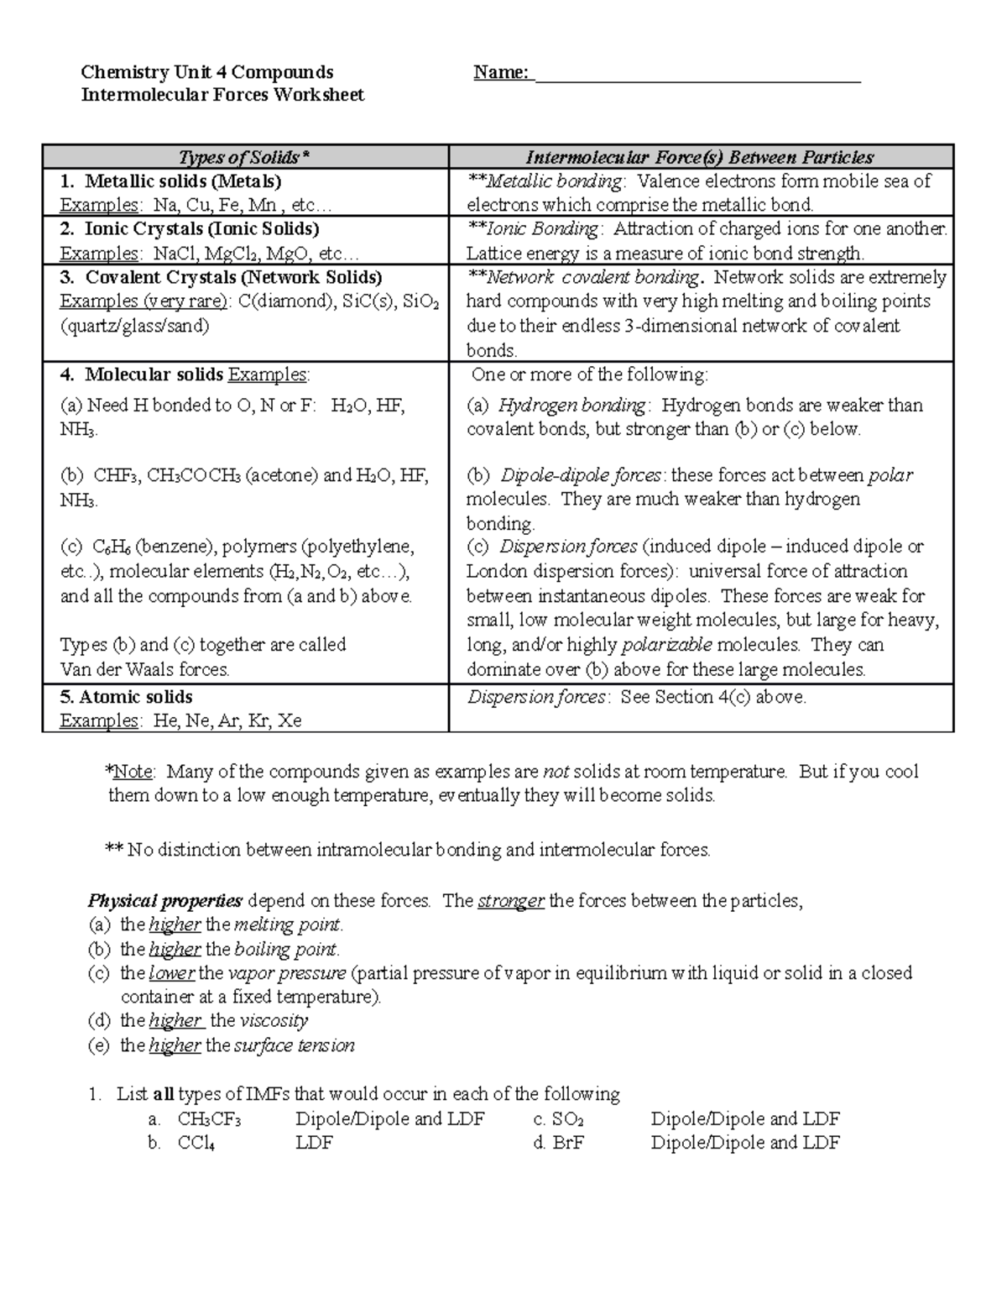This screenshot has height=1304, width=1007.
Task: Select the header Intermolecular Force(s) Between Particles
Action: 700,157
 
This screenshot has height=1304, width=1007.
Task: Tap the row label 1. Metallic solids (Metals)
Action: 171,181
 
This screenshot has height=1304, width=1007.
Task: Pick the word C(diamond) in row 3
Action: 285,301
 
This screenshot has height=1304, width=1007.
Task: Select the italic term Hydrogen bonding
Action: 571,406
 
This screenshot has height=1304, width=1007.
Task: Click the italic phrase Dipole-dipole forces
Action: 580,475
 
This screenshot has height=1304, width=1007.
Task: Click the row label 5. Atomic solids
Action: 126,697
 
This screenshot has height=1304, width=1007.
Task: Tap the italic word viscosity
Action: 274,1021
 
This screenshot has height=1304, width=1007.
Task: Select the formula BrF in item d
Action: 568,1143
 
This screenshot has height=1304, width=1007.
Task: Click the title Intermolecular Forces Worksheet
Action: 222,95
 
